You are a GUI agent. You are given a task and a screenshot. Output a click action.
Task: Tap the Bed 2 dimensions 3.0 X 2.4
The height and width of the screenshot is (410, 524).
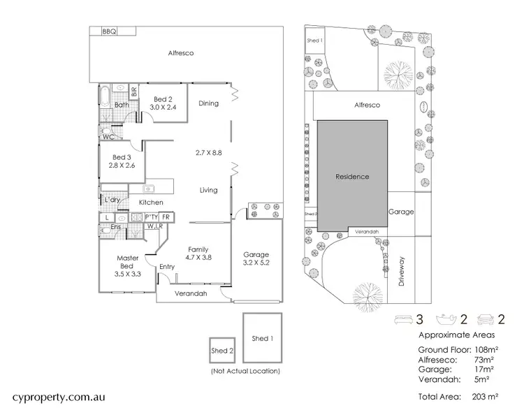165,108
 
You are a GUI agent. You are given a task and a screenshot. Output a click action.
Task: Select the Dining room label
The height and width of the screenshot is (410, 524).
208,103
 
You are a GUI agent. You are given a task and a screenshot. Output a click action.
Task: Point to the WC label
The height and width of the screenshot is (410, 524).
108,137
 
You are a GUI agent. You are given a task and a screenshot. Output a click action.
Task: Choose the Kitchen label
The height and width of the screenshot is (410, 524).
151,203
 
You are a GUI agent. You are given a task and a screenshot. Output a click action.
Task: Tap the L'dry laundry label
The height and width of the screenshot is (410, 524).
112,200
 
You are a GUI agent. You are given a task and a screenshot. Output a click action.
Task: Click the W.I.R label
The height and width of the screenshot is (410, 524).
154,227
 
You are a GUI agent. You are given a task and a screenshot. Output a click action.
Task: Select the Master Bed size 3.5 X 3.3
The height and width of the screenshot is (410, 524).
127,274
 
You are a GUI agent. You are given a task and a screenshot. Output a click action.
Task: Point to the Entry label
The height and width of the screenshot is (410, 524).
167,267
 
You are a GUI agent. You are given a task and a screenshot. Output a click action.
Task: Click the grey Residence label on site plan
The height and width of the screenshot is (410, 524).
351,177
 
